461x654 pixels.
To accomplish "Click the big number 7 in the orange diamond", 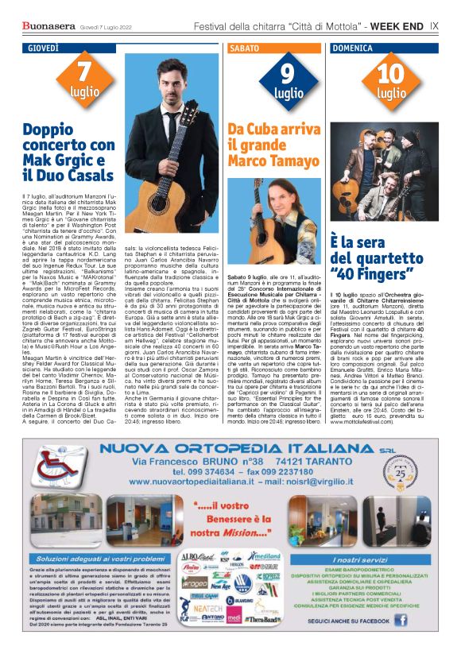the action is coord(84,75).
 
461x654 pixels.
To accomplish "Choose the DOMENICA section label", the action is coord(354,48).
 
